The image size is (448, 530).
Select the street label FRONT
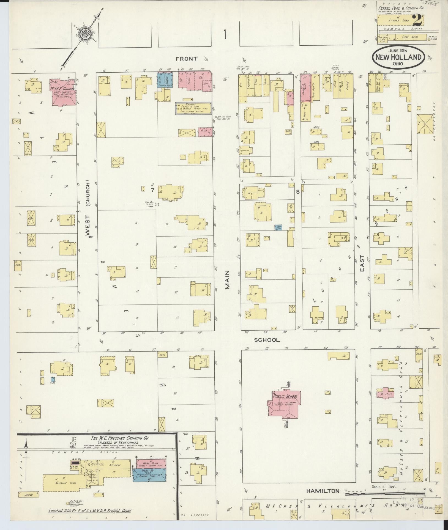187,59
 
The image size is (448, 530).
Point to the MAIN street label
228,279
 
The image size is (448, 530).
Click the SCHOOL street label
267,340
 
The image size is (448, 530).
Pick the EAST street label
362,263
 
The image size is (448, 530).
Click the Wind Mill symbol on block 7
157,204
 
